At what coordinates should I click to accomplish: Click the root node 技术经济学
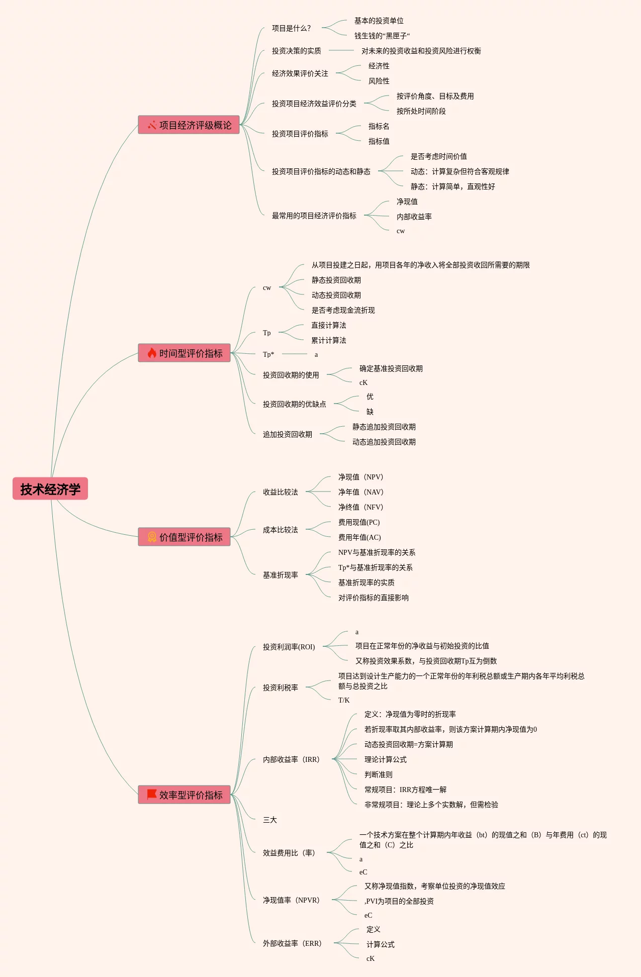coord(50,489)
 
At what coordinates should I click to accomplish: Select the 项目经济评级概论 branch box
coord(189,125)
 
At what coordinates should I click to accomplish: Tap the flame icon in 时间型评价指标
coord(152,353)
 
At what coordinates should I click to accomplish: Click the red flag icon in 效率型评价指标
coord(151,794)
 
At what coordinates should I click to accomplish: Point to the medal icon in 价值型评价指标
coord(152,537)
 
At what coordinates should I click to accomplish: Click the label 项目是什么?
coord(291,28)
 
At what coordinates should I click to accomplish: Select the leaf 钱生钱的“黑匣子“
coord(382,36)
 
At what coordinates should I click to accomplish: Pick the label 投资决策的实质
coord(296,51)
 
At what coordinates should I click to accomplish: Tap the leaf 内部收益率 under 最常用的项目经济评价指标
coord(414,217)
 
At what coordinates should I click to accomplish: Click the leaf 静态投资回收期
coord(336,280)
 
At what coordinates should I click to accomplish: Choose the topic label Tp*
coord(268,354)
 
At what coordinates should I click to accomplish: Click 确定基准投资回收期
coord(391,368)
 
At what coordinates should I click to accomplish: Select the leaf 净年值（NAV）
coord(360,492)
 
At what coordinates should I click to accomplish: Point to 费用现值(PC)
coord(359,522)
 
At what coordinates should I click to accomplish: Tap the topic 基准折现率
coord(280,575)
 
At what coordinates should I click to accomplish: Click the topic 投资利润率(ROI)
coord(289,647)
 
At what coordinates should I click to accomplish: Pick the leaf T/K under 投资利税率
coord(344,700)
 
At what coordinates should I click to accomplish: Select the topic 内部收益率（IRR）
coord(291,759)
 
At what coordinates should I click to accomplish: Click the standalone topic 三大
coord(270,820)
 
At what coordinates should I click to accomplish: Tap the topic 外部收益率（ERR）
coord(292,943)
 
